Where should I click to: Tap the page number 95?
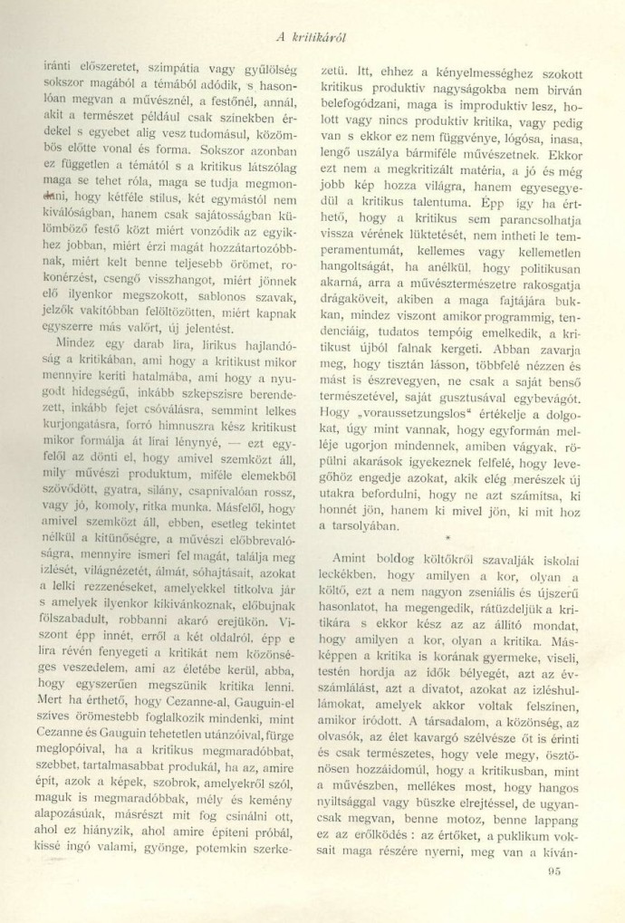tap(556, 873)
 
